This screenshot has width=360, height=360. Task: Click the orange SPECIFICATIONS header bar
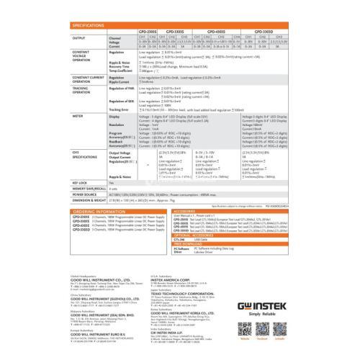click(x=180, y=25)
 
